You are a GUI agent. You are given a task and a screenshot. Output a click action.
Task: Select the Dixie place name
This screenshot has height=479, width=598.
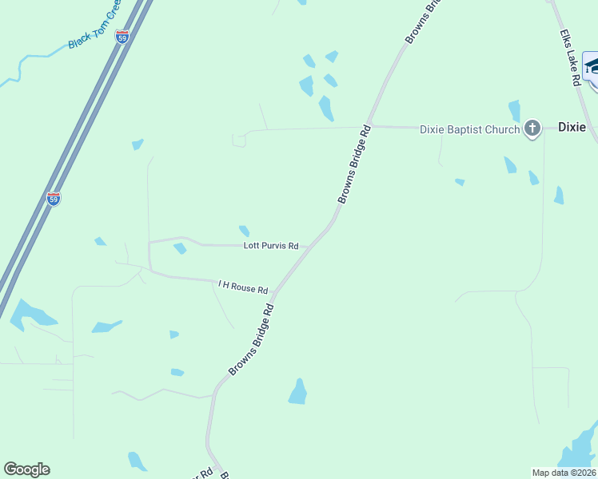click(572, 127)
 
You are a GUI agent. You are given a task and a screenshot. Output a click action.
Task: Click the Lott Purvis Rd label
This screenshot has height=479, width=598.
click(271, 246)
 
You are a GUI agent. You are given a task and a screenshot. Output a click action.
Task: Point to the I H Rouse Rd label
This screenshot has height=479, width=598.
click(243, 285)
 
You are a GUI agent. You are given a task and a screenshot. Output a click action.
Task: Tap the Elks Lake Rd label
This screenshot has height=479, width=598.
click(569, 59)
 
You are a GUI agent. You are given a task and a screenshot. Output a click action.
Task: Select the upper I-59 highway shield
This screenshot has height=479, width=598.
click(122, 38)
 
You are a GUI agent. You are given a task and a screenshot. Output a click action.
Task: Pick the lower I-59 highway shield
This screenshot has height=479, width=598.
click(54, 199)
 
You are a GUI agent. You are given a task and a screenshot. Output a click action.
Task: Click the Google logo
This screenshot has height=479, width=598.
click(26, 469)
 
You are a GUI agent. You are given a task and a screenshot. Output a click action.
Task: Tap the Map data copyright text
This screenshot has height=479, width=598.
click(564, 472)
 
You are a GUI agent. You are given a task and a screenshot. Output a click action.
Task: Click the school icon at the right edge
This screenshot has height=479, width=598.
click(591, 65)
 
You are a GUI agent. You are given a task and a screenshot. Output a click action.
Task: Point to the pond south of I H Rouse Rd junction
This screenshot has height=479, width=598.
click(298, 392)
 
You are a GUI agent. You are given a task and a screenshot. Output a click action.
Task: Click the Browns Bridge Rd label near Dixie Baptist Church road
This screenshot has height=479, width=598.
click(354, 164)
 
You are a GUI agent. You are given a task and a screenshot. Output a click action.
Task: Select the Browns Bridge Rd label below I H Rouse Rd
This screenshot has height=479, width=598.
click(251, 338)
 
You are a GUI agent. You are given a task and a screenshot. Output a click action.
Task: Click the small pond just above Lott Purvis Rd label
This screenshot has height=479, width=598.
click(244, 231)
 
